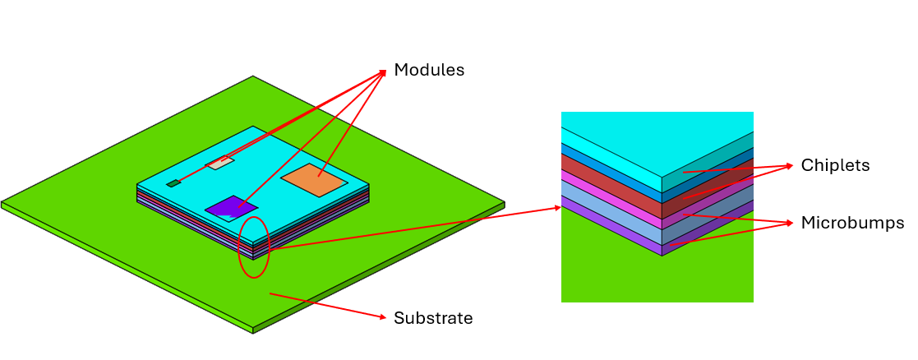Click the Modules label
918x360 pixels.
coord(429,70)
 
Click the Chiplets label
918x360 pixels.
coord(835,166)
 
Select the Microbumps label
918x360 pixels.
coord(852,223)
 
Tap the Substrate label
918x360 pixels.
coord(433,318)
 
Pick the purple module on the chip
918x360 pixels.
coord(232,207)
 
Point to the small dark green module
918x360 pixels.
coord(173,183)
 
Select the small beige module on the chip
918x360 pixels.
coord(219,163)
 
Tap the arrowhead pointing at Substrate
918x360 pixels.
coord(382,316)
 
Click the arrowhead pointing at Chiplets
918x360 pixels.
coord(791,165)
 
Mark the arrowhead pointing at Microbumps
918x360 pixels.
coord(791,223)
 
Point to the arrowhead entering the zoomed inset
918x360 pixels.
coord(559,209)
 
